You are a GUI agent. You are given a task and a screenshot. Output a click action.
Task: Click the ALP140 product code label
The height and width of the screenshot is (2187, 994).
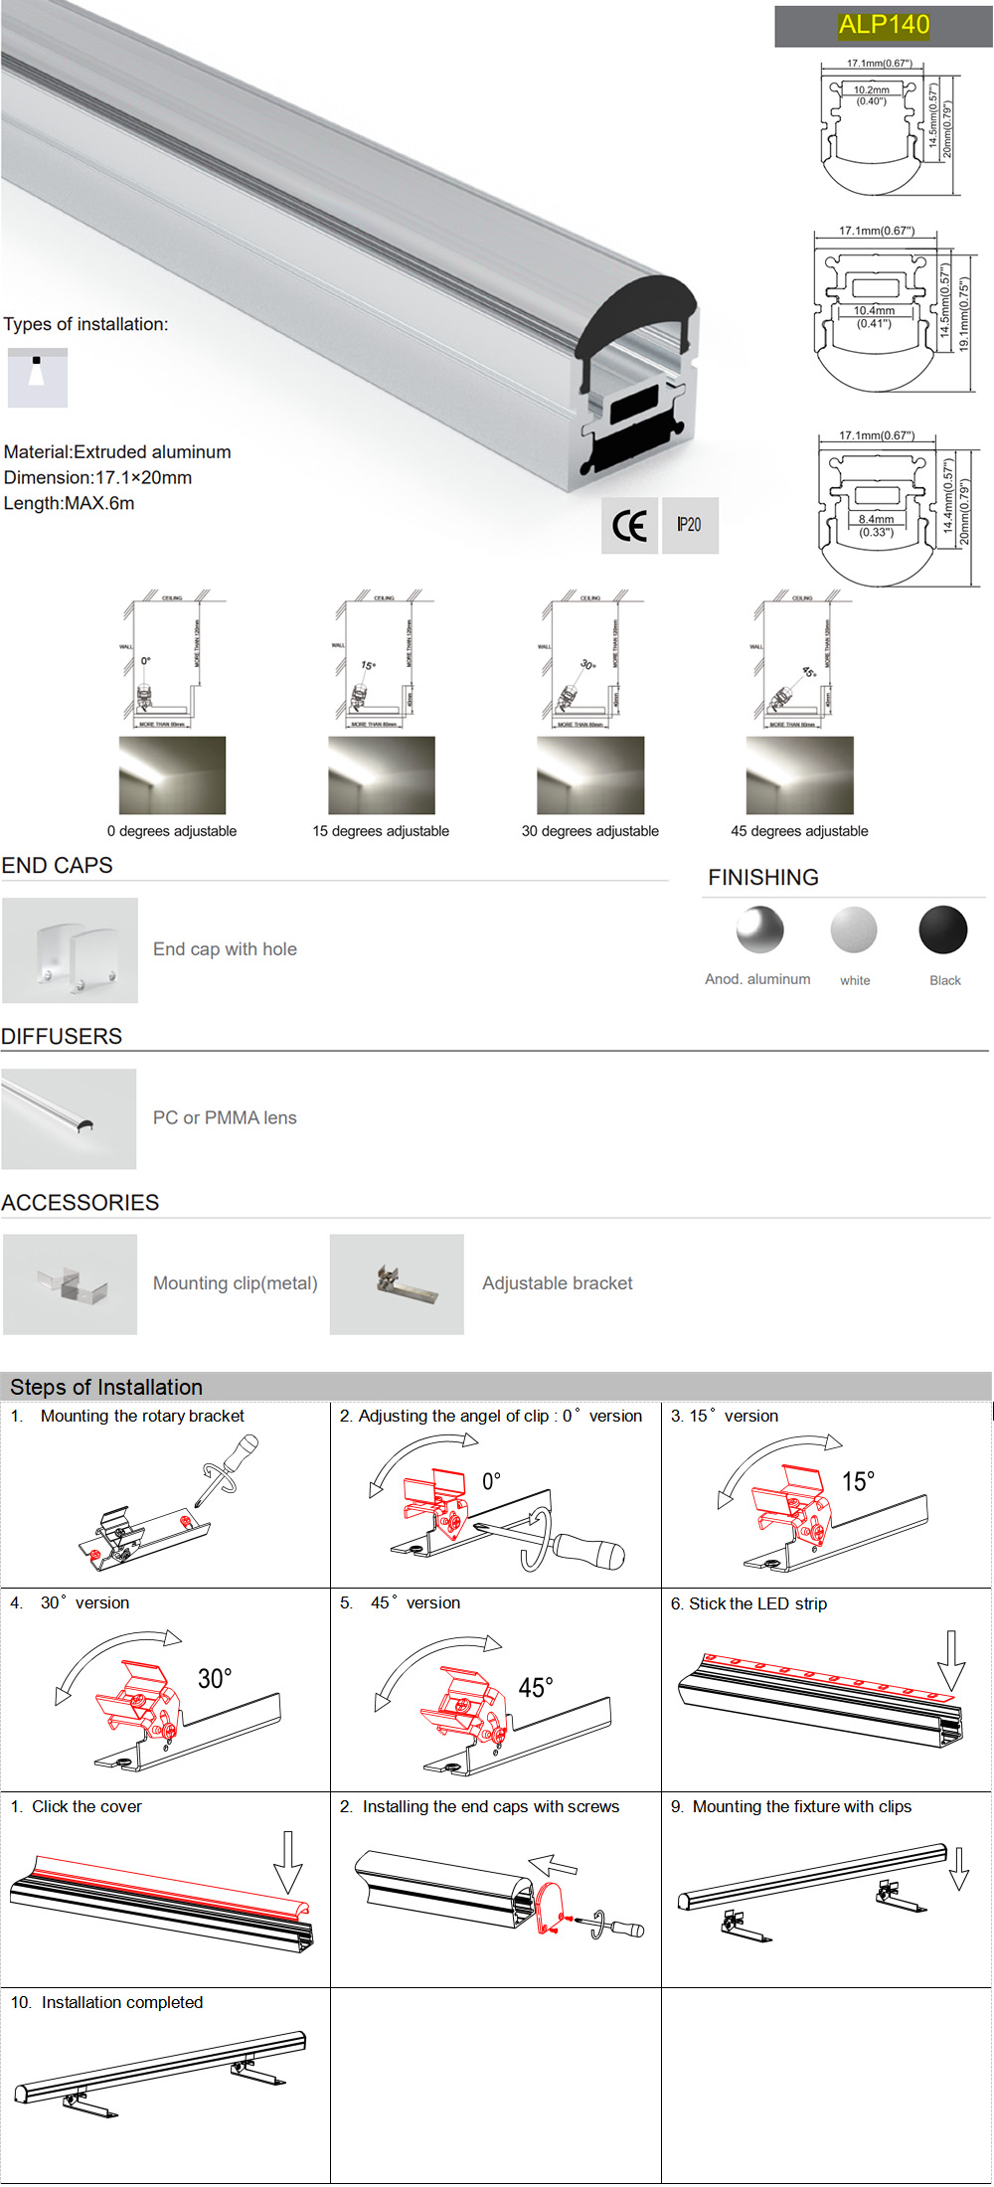pos(884,25)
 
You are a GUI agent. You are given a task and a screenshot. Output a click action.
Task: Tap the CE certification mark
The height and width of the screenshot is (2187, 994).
pos(629,526)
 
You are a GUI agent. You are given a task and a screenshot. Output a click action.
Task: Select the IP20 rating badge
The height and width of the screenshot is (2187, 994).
pos(689,525)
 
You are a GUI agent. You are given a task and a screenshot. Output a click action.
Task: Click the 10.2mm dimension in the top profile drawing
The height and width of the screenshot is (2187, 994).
pos(872,89)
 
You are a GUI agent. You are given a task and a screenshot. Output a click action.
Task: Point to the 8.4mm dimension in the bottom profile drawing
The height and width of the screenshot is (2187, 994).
pos(876,519)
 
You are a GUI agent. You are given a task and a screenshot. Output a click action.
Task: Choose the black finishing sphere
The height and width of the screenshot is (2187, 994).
pos(943,930)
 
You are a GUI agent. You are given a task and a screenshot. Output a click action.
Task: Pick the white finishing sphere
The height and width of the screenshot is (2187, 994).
pos(854,930)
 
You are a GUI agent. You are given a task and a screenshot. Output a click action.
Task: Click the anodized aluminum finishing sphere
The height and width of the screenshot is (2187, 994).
pos(760,930)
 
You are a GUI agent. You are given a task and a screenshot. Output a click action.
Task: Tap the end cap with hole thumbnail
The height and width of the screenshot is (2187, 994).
pos(70,950)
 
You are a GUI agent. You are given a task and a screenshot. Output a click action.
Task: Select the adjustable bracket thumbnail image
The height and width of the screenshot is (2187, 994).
pos(397,1284)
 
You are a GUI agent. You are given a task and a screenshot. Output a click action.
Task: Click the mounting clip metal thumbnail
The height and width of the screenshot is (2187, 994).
pos(71,1284)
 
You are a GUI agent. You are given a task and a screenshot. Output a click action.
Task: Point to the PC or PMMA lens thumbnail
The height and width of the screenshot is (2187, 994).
pos(69,1118)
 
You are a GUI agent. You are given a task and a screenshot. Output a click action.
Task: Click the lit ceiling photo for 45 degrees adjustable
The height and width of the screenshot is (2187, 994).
pos(799,775)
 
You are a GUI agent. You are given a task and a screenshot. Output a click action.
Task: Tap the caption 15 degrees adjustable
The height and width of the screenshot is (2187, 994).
pos(381,831)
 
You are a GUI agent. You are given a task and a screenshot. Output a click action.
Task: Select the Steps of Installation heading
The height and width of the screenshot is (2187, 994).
pos(106,1387)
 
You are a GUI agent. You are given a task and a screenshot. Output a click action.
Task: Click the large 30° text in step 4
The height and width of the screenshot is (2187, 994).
pos(215,1679)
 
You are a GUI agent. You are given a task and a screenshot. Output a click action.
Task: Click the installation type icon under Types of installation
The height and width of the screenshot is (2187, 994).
pos(38,378)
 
